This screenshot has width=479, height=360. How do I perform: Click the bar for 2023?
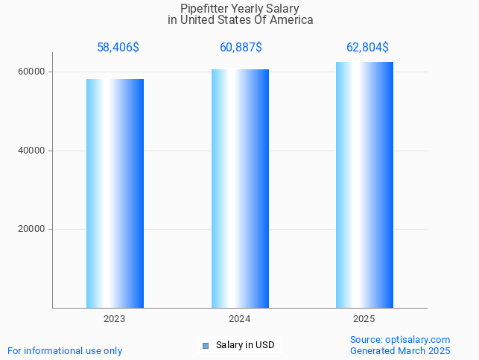115,193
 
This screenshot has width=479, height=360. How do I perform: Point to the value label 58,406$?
118,48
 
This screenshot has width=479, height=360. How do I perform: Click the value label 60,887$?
241,48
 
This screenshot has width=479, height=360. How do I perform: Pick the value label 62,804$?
367,48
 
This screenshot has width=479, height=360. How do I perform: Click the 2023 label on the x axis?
115,319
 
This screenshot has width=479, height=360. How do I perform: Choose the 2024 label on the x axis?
240,319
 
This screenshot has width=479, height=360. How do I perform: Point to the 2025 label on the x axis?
364,319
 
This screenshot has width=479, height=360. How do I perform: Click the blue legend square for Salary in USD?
206,345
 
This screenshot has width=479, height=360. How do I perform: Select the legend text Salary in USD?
245,345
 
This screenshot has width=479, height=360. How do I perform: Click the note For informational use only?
65,351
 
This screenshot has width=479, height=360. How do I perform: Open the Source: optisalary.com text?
400,340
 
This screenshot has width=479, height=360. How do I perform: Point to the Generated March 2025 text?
400,351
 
